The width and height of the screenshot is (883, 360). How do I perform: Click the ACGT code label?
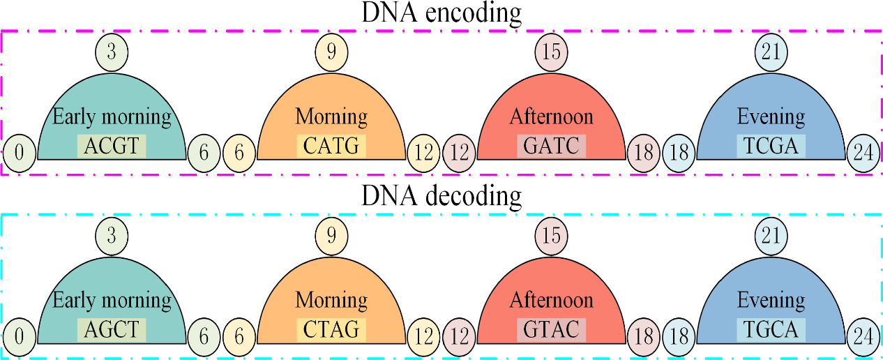[112, 146]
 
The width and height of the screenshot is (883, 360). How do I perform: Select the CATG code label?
[332, 146]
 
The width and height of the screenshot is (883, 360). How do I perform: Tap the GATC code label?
[551, 146]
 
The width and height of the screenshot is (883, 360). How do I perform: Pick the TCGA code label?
[771, 146]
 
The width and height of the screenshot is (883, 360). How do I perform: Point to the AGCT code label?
[112, 329]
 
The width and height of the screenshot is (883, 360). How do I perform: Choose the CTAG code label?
[332, 329]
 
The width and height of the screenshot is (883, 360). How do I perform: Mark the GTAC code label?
[551, 329]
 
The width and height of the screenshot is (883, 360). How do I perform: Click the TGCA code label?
[771, 329]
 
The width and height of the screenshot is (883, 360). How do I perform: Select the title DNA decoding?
[441, 197]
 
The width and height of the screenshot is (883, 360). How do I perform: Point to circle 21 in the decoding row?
[771, 235]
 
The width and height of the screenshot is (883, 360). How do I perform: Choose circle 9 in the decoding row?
[332, 235]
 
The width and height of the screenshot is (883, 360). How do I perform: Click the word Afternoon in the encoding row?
[551, 116]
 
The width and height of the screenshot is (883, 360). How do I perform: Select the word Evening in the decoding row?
[771, 300]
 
